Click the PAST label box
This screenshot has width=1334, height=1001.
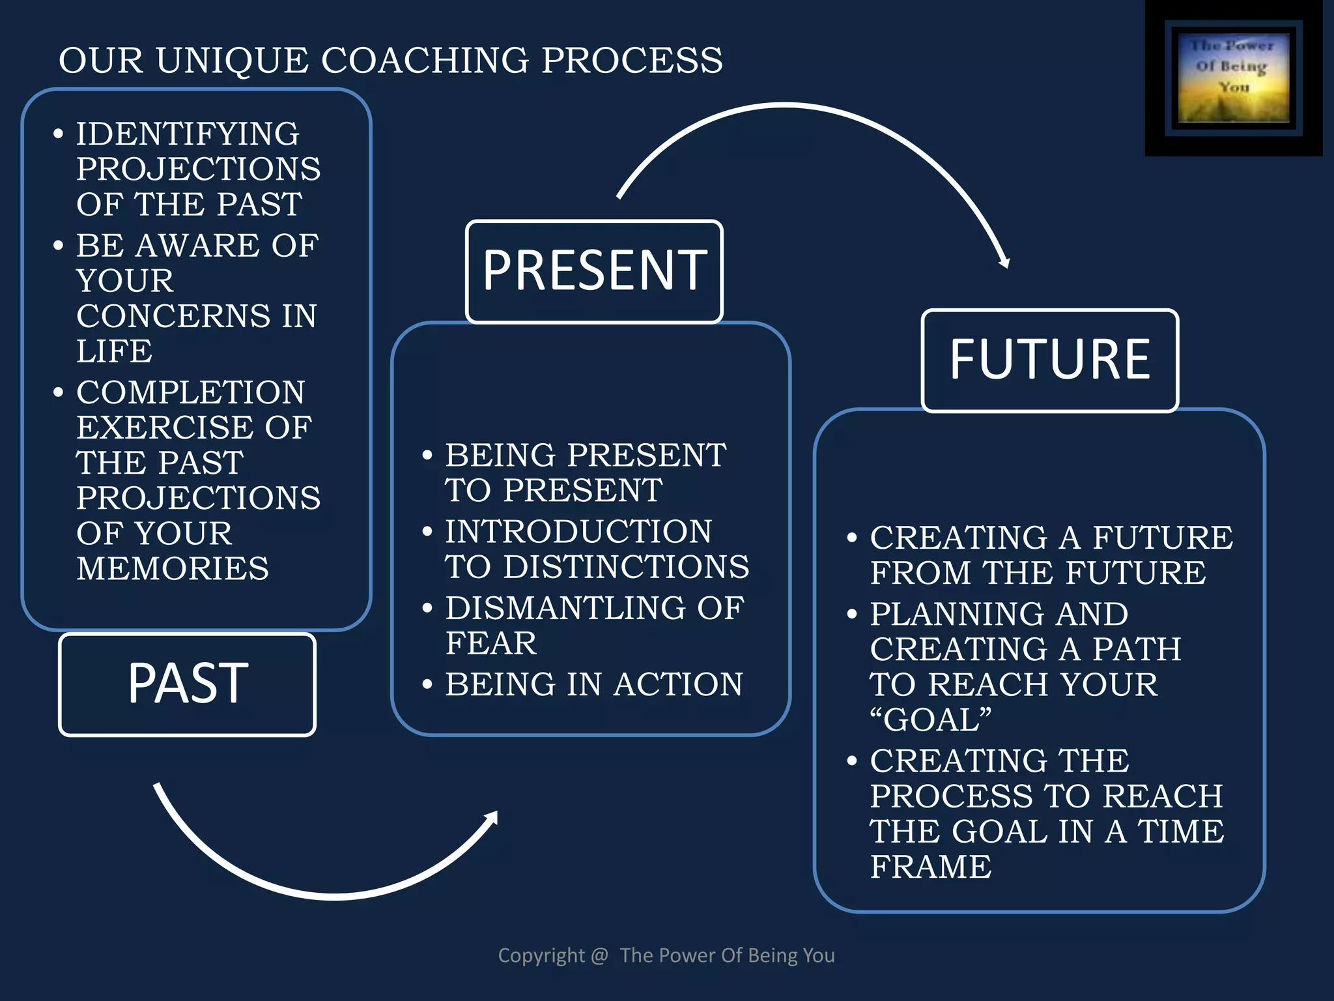[188, 684]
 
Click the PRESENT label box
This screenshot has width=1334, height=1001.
[594, 271]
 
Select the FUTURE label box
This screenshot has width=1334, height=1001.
[1049, 360]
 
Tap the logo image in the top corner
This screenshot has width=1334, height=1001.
[1233, 78]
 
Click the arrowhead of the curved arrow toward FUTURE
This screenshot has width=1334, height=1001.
[1004, 261]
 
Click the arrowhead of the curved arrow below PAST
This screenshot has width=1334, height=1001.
[492, 818]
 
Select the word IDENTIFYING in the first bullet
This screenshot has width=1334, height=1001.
[188, 134]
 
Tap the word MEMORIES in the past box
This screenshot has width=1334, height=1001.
[173, 568]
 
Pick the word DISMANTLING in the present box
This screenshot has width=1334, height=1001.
[565, 608]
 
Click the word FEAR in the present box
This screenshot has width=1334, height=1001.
[491, 644]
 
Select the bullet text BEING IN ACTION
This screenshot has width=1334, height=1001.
[593, 684]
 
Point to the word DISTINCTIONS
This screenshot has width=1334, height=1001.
[626, 567]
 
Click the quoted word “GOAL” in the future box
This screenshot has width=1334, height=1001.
[930, 720]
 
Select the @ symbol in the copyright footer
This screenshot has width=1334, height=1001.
[599, 955]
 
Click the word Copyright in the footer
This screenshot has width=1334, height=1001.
[541, 955]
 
